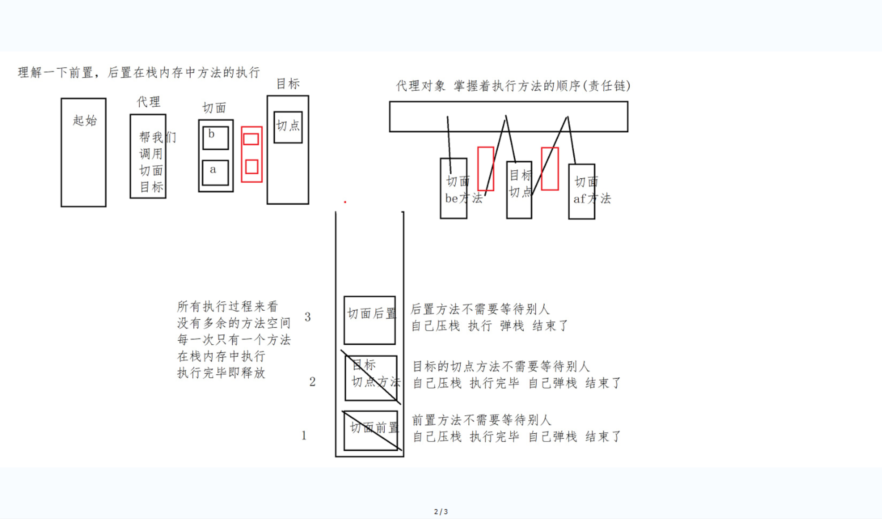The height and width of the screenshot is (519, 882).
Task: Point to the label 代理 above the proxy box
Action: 149,102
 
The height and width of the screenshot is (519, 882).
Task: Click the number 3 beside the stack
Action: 308,317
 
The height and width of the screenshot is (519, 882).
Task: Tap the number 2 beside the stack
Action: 312,382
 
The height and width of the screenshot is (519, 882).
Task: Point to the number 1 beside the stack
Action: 304,436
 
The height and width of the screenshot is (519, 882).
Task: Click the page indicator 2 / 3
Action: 441,512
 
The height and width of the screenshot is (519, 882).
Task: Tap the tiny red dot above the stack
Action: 345,202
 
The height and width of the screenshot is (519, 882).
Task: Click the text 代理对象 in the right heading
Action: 421,86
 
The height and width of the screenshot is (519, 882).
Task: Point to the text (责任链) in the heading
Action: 607,86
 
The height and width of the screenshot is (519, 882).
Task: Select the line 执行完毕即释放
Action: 221,373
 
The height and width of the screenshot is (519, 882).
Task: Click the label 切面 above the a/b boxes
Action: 214,108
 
